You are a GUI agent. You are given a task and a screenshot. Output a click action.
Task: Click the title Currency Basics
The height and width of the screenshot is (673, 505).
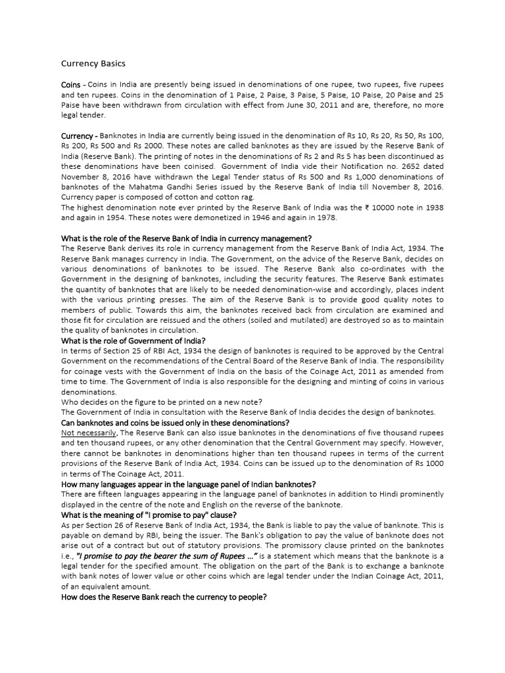click(93, 64)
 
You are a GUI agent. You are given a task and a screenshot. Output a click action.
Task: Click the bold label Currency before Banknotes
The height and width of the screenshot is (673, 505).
click(78, 135)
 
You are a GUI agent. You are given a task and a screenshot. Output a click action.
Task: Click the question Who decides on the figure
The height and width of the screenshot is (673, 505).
click(162, 402)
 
